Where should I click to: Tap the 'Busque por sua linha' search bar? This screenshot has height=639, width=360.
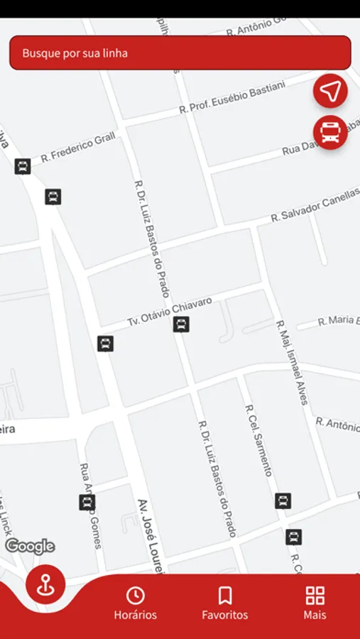point(180,53)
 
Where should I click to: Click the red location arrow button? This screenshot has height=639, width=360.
point(330,91)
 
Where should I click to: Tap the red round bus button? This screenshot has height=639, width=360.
point(330,132)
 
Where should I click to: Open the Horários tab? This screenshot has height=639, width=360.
point(135,604)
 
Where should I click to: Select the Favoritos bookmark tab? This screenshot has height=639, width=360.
point(224,604)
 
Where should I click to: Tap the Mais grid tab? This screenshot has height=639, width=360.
point(315,604)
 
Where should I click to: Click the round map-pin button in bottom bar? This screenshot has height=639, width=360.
point(45,586)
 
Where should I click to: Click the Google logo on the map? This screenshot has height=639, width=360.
point(30,546)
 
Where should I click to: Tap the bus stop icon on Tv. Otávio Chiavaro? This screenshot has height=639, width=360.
point(181,324)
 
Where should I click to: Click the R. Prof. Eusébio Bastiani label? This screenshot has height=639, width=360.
point(232,97)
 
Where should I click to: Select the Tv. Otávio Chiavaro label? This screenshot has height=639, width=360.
point(170,311)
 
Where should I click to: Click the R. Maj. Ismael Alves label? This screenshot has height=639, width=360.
point(292,362)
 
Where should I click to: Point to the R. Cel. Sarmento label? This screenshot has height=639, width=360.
point(258,440)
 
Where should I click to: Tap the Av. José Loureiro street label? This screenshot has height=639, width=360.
point(151,536)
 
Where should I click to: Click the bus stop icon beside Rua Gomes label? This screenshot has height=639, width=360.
point(87,503)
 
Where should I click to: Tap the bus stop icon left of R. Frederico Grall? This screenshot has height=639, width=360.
point(23,167)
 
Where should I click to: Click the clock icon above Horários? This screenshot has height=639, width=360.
point(135,595)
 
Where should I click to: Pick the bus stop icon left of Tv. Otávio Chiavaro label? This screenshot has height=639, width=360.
point(105,344)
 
